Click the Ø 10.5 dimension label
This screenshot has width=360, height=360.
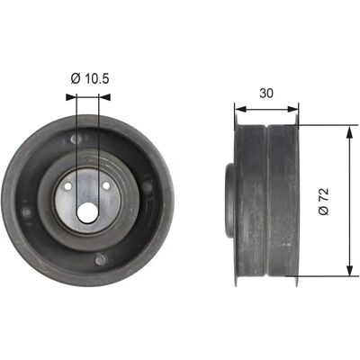pyautogui.click(x=90, y=79)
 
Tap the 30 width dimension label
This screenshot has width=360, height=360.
pyautogui.click(x=266, y=94)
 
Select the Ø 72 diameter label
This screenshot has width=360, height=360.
pyautogui.click(x=324, y=202)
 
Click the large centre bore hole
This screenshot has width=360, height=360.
pyautogui.click(x=87, y=212)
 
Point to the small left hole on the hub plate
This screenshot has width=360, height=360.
pyautogui.click(x=68, y=186)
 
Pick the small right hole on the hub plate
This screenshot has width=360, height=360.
pyautogui.click(x=106, y=186)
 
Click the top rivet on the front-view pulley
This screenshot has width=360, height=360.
pyautogui.click(x=76, y=139)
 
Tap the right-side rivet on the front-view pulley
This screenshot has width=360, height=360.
pyautogui.click(x=147, y=187)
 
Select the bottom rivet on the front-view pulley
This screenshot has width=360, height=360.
pyautogui.click(x=101, y=260)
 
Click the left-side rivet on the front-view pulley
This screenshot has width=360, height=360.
pyautogui.click(x=27, y=212)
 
